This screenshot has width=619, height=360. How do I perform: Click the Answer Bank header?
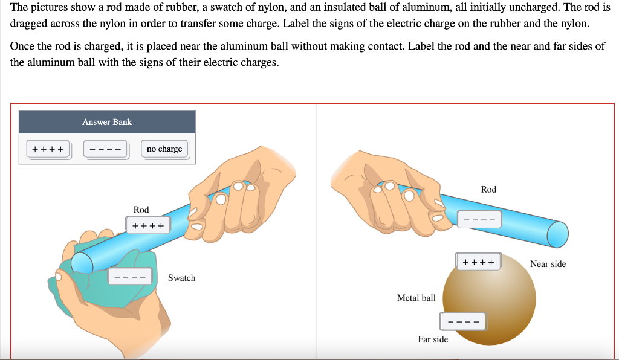point(107,122)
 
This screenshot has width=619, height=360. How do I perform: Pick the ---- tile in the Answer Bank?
point(106,149)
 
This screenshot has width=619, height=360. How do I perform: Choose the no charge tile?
point(164,149)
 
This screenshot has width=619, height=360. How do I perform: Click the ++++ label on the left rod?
point(148,225)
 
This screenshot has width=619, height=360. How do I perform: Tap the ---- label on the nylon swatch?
point(129,278)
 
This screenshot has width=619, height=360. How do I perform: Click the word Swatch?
point(181,278)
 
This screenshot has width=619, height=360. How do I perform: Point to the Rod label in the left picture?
point(141,210)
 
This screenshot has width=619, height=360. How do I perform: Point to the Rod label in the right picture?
point(488,190)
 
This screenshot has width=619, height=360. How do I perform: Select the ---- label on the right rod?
point(479,219)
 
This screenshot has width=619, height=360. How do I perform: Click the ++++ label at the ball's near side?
point(478,262)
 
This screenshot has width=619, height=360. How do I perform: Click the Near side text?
point(548,264)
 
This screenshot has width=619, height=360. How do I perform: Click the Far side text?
point(433,339)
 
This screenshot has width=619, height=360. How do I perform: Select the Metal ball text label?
point(416,298)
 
